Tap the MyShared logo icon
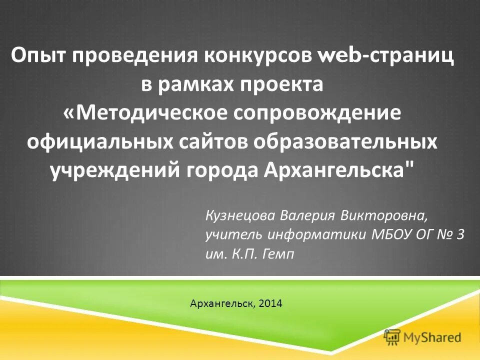click(x=391, y=336)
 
